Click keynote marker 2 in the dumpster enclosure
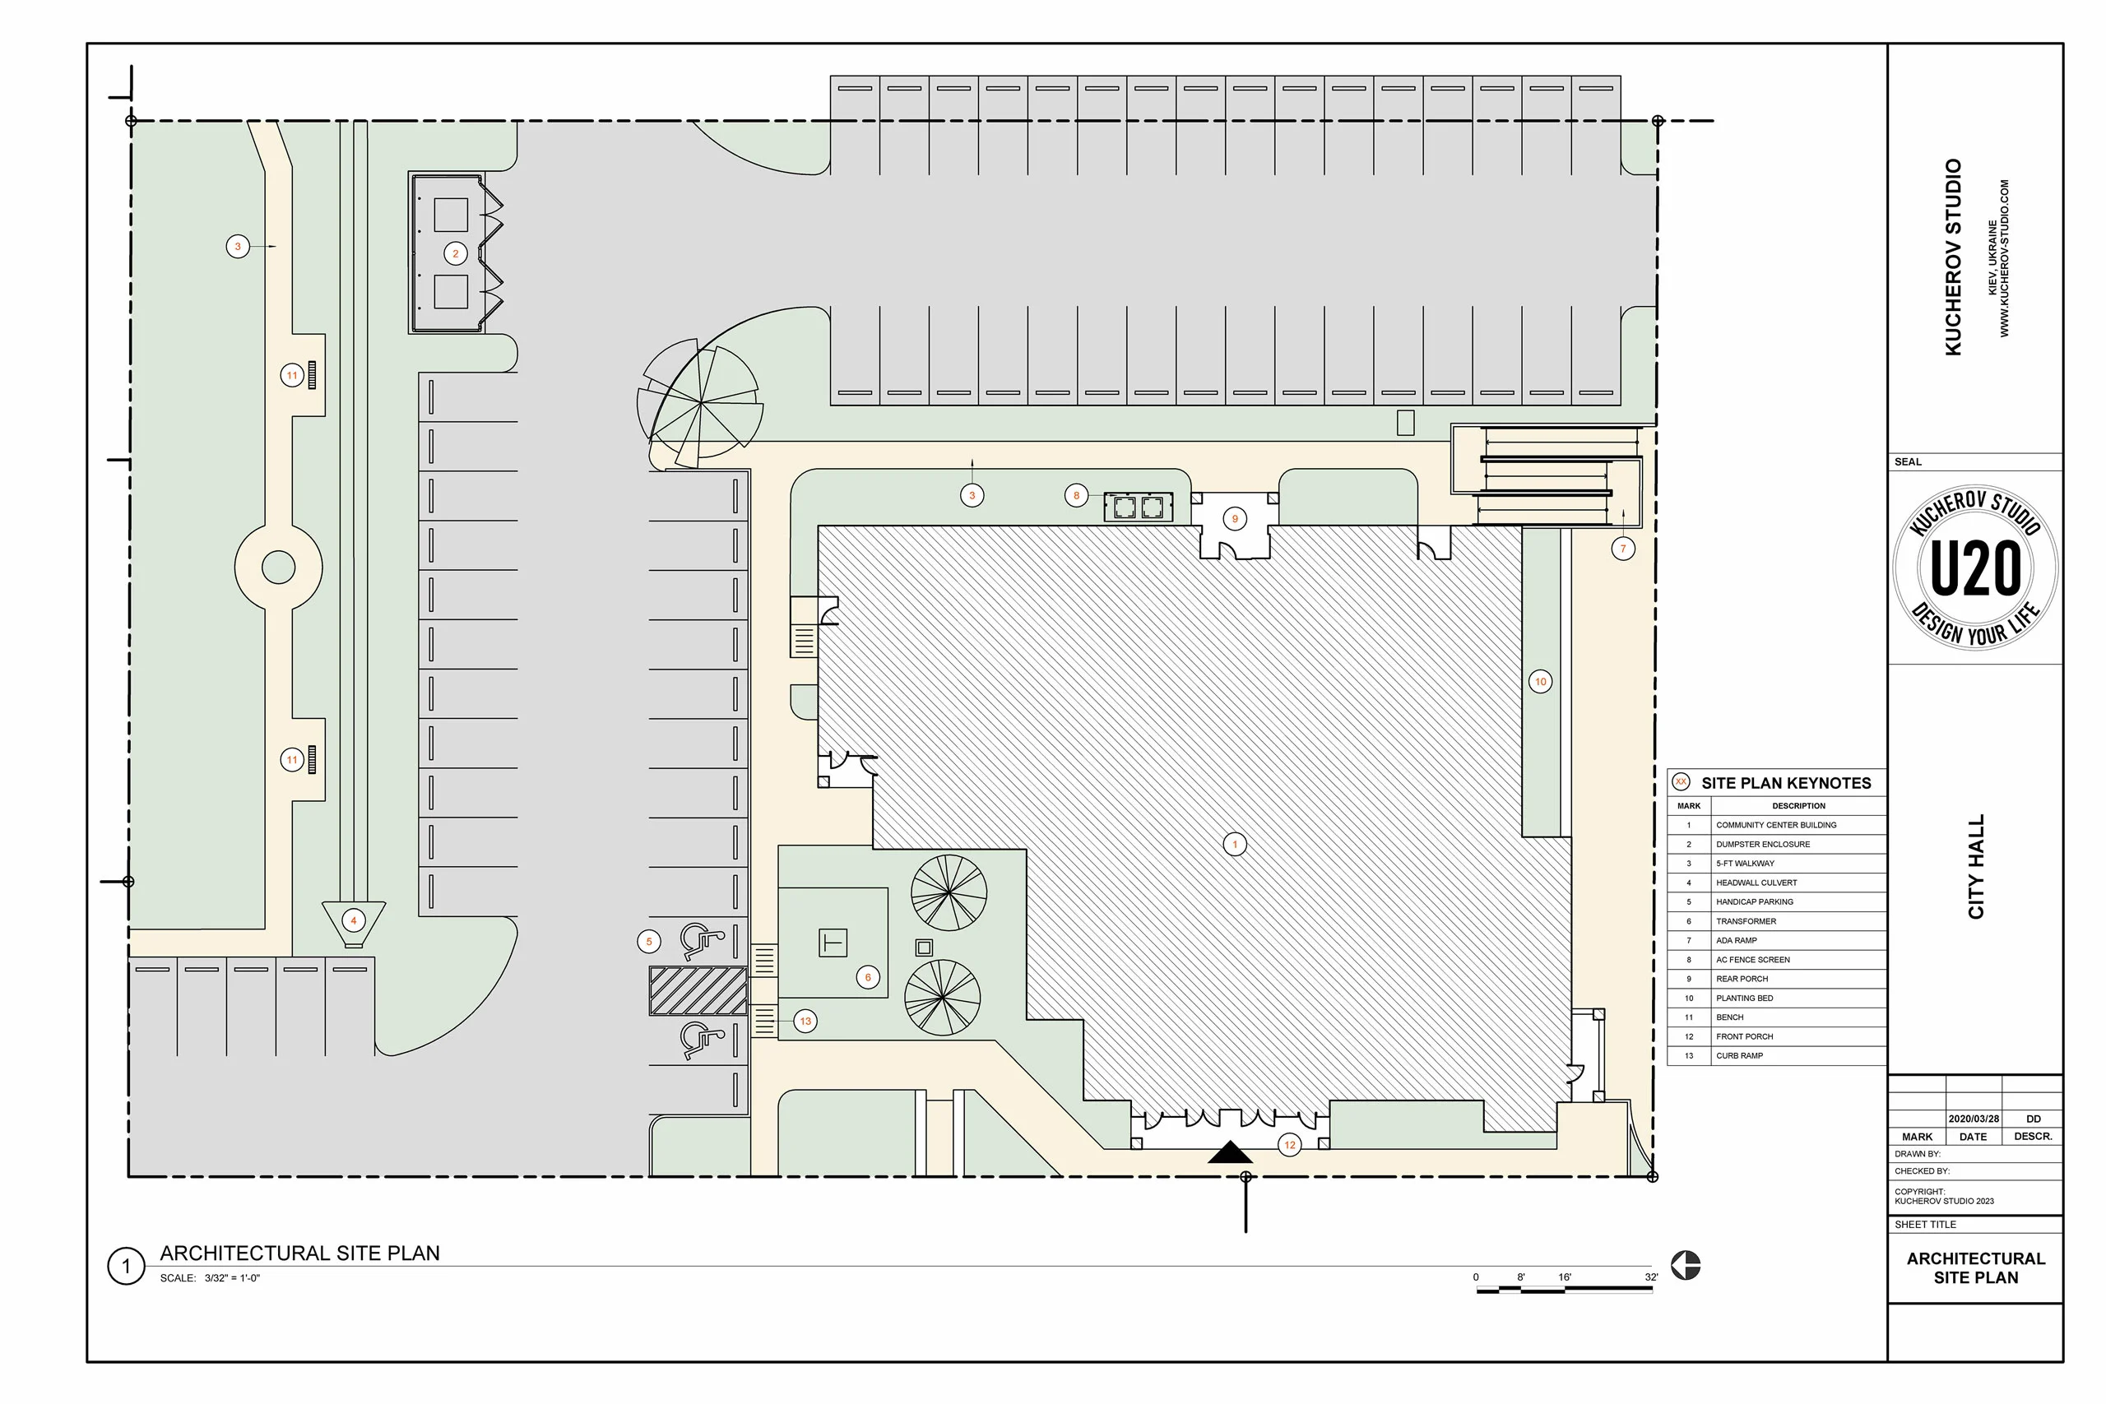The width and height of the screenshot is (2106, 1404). click(x=455, y=253)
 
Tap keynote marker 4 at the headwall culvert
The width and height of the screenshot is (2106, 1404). click(x=354, y=920)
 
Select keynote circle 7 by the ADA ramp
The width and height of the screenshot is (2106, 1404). click(x=1622, y=549)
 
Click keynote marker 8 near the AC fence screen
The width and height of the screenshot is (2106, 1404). click(x=1076, y=495)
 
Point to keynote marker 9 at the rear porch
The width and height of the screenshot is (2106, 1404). click(x=1235, y=518)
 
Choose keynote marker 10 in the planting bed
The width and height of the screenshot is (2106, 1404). click(x=1540, y=681)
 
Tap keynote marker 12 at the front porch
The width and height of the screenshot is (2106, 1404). click(x=1289, y=1144)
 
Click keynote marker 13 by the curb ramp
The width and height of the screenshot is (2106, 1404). click(x=805, y=1021)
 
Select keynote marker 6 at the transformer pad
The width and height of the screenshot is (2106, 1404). click(x=867, y=977)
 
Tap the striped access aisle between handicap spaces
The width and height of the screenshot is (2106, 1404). click(x=698, y=990)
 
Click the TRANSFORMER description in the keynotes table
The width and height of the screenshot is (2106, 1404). click(x=1745, y=921)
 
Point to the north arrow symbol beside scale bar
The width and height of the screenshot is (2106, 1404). click(x=1685, y=1265)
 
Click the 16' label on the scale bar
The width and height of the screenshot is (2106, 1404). click(x=1564, y=1277)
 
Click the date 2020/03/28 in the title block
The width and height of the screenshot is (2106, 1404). click(x=1973, y=1119)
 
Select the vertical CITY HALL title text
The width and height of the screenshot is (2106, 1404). click(x=1975, y=866)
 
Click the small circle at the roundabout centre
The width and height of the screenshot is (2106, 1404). click(x=279, y=567)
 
